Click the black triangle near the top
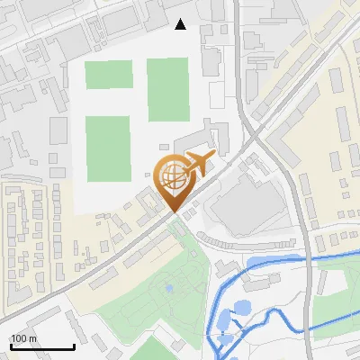[x=181, y=24]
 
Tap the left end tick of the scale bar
[x=11, y=346]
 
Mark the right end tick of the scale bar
[x=74, y=346]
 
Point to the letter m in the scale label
[x=32, y=338]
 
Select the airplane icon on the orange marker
[x=198, y=165]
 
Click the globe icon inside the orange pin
[x=172, y=175]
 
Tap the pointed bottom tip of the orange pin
[x=172, y=211]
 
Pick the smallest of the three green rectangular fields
[x=108, y=75]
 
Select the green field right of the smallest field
[x=167, y=89]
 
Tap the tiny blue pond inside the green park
[x=168, y=289]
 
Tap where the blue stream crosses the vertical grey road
[x=309, y=259]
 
